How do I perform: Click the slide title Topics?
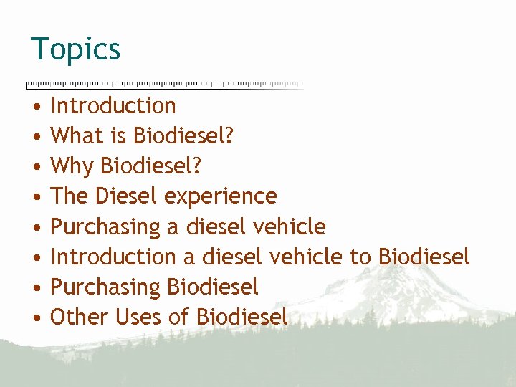(75, 50)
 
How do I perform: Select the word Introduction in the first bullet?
(113, 106)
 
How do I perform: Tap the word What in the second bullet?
(72, 136)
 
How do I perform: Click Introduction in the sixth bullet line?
(113, 257)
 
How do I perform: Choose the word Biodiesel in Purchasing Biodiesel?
(212, 287)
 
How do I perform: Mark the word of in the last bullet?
(179, 317)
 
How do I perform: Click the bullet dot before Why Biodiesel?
(35, 167)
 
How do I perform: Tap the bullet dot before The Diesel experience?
(35, 197)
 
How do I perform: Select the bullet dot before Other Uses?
(35, 317)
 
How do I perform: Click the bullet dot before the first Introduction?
(35, 107)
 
